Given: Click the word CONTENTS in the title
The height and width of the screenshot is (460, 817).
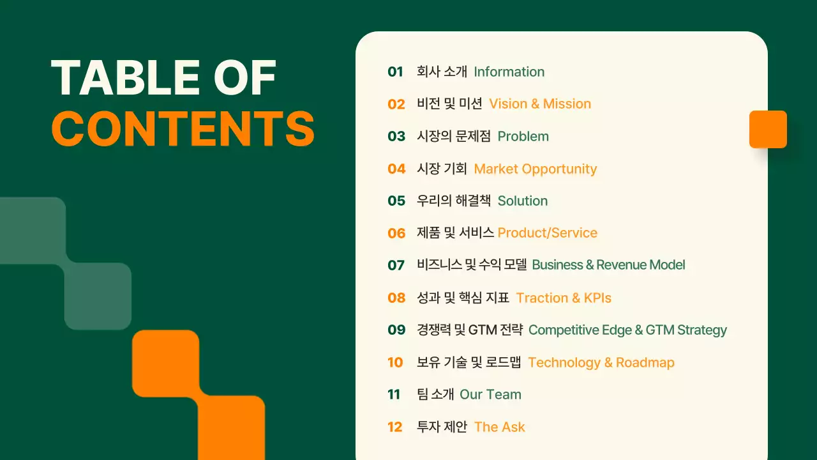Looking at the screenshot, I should [x=183, y=128].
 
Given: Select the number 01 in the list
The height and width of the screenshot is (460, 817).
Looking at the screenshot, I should [x=396, y=72].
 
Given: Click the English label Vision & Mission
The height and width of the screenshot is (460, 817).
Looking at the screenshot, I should [x=540, y=103].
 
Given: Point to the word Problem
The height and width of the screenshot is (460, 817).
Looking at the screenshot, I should [x=523, y=136].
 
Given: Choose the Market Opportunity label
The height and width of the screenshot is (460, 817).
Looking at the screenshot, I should [x=535, y=169].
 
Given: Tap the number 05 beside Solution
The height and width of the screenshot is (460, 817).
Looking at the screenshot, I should [x=396, y=201].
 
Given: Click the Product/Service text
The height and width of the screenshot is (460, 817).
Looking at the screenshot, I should [x=547, y=233].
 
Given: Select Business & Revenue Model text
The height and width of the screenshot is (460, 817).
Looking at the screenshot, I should [x=608, y=264].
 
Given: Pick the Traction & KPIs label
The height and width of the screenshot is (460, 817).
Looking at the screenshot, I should [x=564, y=298].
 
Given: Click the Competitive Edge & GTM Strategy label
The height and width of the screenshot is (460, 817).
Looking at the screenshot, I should [x=627, y=330].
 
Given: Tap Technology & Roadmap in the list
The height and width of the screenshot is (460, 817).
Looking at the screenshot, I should [x=601, y=362].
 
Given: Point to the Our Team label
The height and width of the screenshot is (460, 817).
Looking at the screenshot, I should [x=490, y=394].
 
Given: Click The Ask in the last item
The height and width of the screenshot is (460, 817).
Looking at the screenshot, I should [x=499, y=427].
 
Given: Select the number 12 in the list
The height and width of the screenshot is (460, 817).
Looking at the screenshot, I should [x=395, y=427].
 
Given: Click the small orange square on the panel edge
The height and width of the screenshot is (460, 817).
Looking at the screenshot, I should [x=768, y=129].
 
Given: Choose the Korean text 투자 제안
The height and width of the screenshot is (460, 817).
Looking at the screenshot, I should [x=442, y=427].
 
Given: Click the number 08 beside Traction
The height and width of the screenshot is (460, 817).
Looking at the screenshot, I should [x=396, y=298].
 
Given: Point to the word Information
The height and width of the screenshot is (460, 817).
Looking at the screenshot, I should [x=509, y=72].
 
